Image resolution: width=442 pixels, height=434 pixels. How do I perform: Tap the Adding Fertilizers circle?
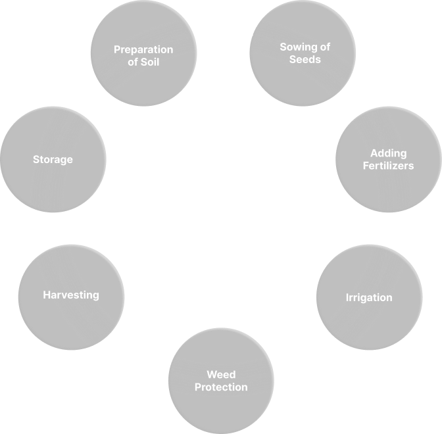coord(388,159)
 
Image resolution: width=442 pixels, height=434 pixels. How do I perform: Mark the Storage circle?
coord(53,159)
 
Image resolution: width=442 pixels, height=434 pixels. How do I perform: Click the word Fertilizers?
coord(388,166)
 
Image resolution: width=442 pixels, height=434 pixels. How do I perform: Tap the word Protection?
coord(221,387)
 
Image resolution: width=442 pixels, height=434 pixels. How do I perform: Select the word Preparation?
coord(143,49)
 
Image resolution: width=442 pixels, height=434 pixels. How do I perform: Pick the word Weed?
coord(221,375)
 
